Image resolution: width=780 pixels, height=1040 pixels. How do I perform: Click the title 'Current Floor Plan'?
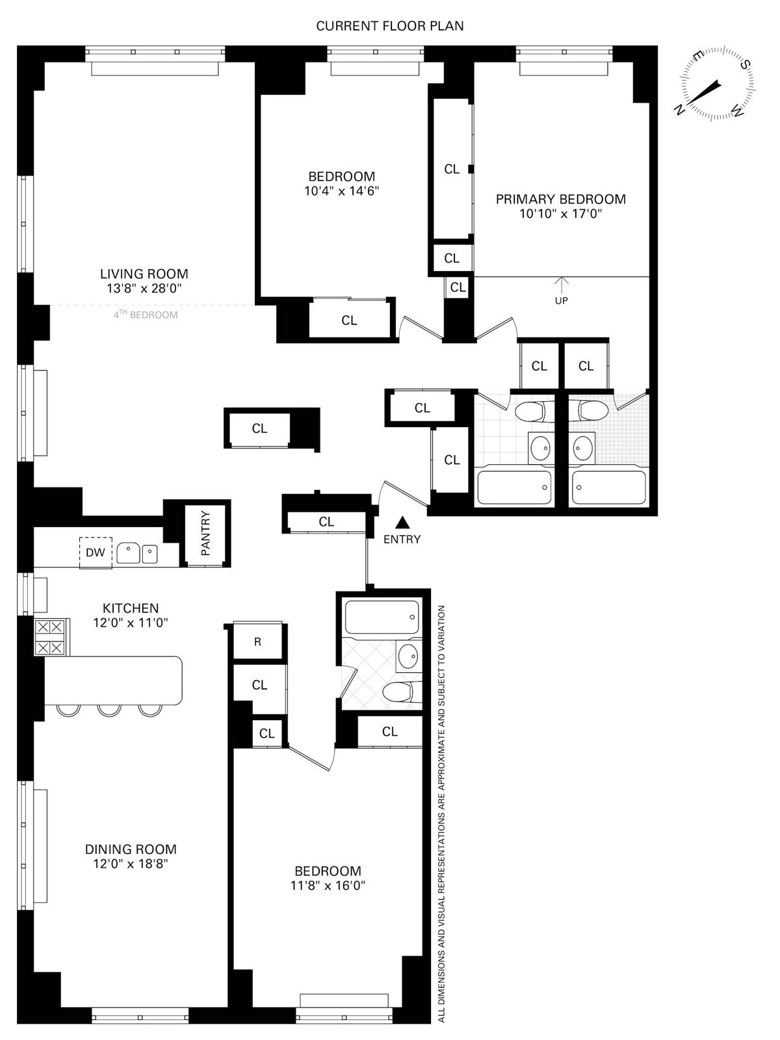coord(390,26)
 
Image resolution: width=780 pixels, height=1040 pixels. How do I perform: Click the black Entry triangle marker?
coord(402,522)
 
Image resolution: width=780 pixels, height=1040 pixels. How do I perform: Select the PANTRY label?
coord(205,533)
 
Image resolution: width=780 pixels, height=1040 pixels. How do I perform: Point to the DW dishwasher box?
coord(96,552)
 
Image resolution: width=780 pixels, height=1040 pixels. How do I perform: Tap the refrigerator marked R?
coord(257,642)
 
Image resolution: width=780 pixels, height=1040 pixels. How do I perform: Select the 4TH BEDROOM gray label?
coord(146,315)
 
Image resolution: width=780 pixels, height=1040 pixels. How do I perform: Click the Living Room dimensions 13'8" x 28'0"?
coord(144,289)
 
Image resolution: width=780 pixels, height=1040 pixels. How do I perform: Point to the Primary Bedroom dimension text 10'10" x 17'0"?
coord(561,214)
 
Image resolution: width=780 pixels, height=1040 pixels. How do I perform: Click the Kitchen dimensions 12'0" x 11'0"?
coord(131,622)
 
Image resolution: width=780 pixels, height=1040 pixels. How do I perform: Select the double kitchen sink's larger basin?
coord(128,553)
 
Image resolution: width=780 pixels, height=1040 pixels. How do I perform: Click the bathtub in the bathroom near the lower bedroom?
coord(382,617)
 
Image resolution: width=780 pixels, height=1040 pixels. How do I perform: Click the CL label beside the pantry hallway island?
coord(259,429)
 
